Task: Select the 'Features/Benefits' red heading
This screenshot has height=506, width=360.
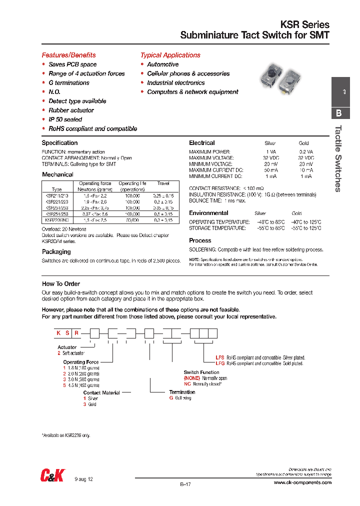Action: click(x=68, y=55)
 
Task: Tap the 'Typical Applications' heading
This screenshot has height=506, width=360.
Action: click(x=170, y=55)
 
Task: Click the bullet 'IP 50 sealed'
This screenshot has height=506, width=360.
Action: click(x=65, y=119)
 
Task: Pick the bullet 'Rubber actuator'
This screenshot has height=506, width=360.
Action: click(x=71, y=110)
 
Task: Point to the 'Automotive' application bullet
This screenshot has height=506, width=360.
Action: click(x=162, y=64)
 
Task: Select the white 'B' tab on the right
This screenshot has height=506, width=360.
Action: click(x=338, y=113)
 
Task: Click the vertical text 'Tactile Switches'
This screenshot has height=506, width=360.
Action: click(x=338, y=158)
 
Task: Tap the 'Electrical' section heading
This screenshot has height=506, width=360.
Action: click(x=201, y=143)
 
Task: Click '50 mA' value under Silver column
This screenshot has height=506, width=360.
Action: click(x=270, y=170)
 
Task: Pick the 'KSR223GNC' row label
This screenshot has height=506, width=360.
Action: click(x=56, y=219)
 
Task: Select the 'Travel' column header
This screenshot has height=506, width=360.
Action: click(x=163, y=183)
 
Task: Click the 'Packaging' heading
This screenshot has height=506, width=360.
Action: click(x=56, y=252)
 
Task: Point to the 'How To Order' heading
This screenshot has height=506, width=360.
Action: click(x=61, y=284)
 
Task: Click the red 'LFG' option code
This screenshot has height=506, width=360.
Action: click(x=220, y=364)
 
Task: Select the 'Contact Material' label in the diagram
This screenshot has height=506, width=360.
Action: click(x=101, y=392)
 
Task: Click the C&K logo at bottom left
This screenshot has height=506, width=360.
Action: click(x=52, y=475)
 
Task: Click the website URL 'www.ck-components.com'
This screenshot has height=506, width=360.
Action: click(x=302, y=482)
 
